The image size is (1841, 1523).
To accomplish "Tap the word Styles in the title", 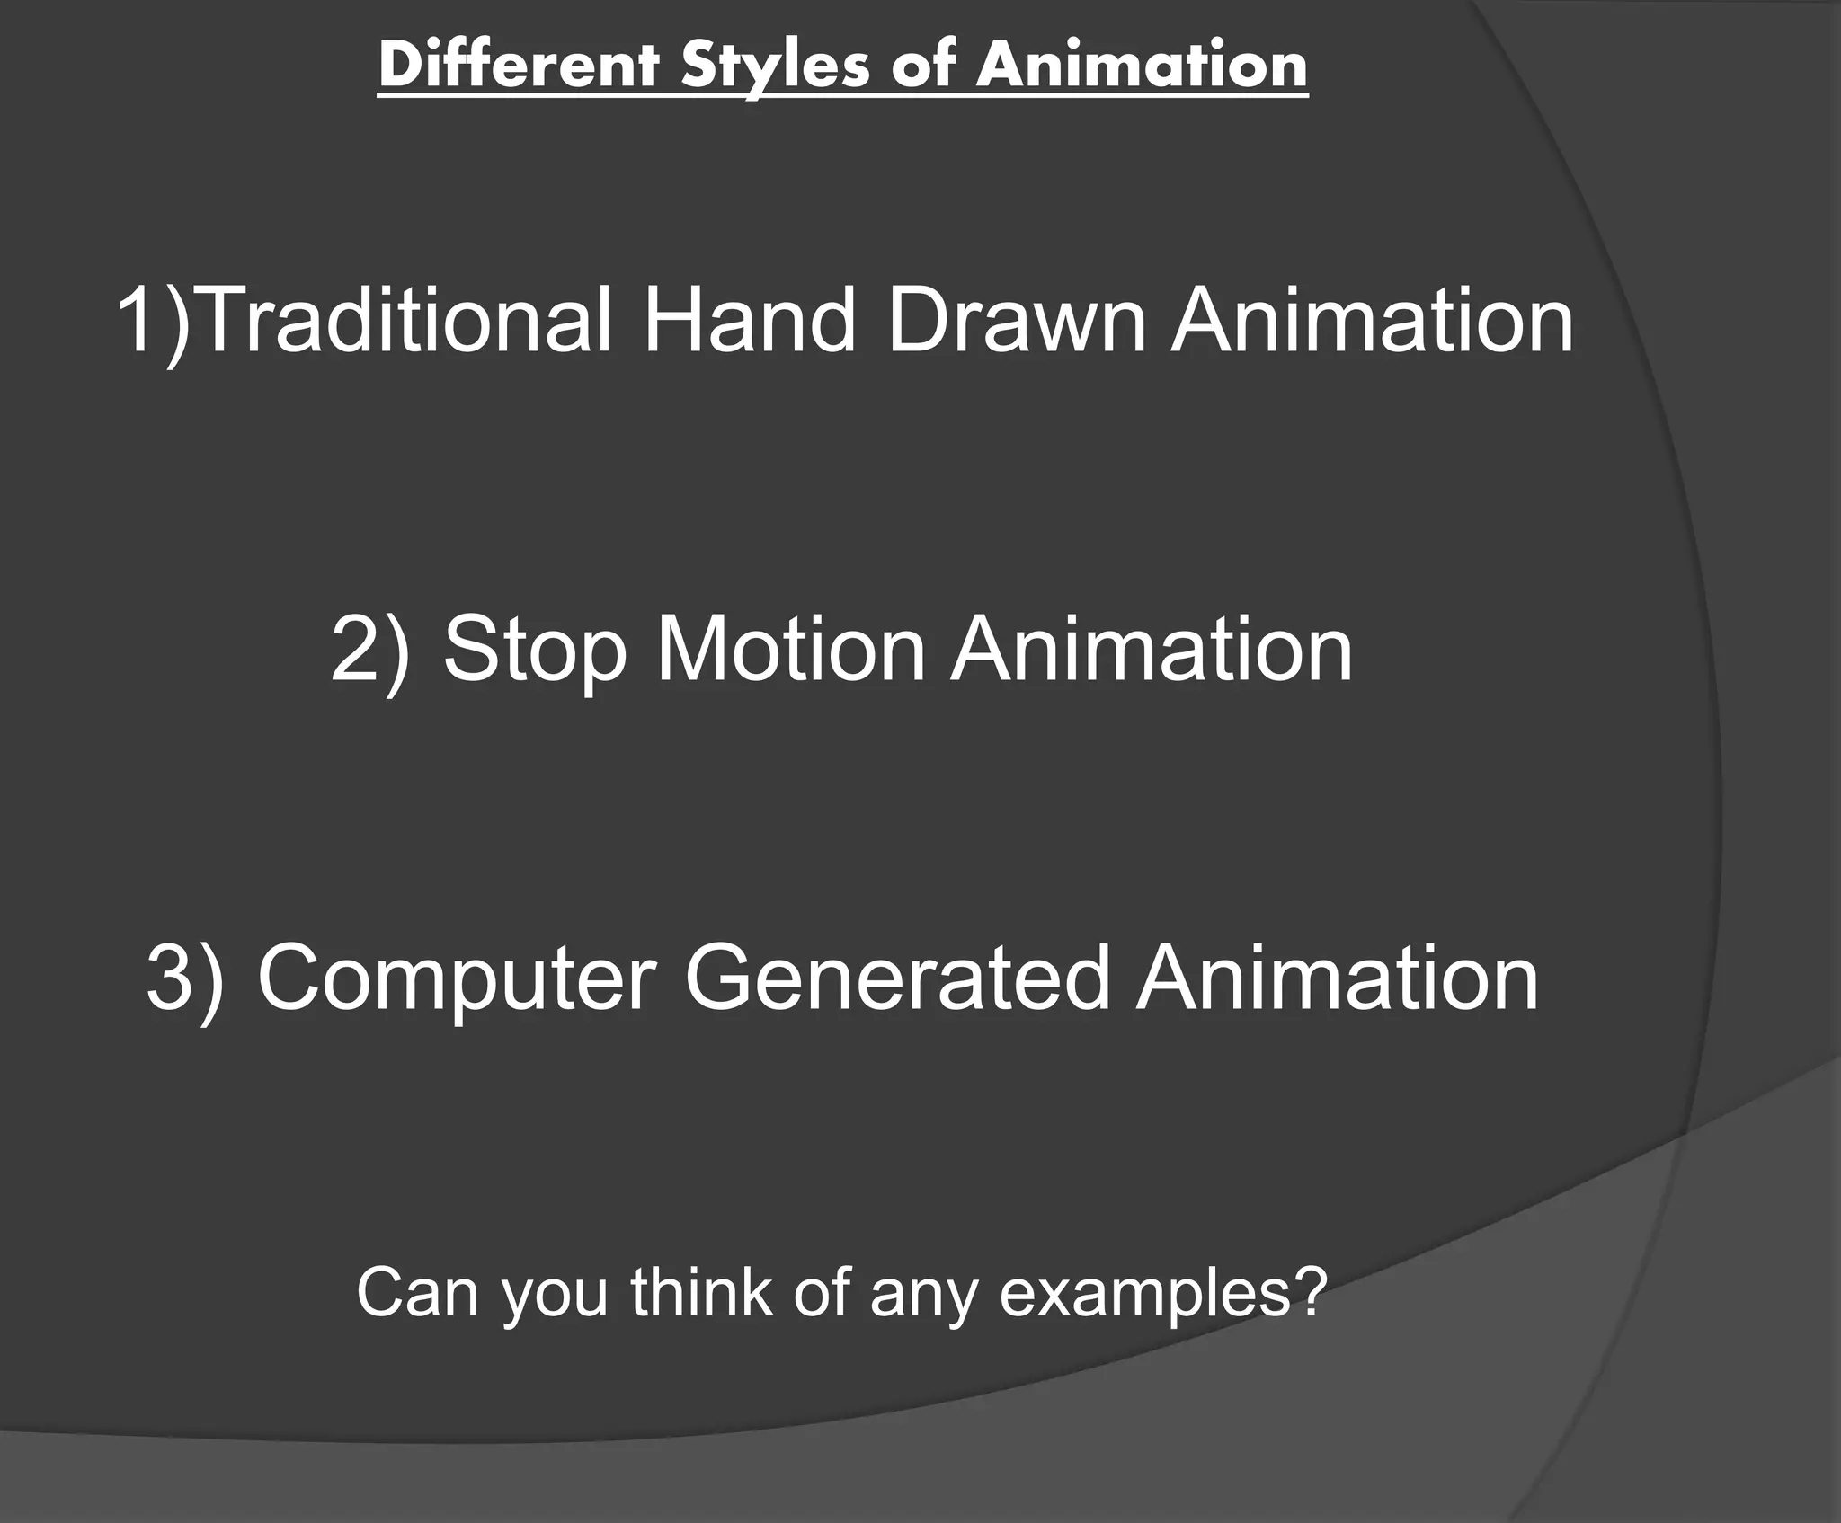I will click(x=778, y=66).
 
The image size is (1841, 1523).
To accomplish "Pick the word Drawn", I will click(x=1016, y=321).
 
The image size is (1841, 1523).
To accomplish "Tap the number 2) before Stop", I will click(x=369, y=650).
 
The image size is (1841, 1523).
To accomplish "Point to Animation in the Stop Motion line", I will click(x=1152, y=650).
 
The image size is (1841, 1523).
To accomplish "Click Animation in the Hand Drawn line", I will click(x=1372, y=321).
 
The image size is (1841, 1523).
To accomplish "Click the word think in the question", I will click(x=701, y=1291).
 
